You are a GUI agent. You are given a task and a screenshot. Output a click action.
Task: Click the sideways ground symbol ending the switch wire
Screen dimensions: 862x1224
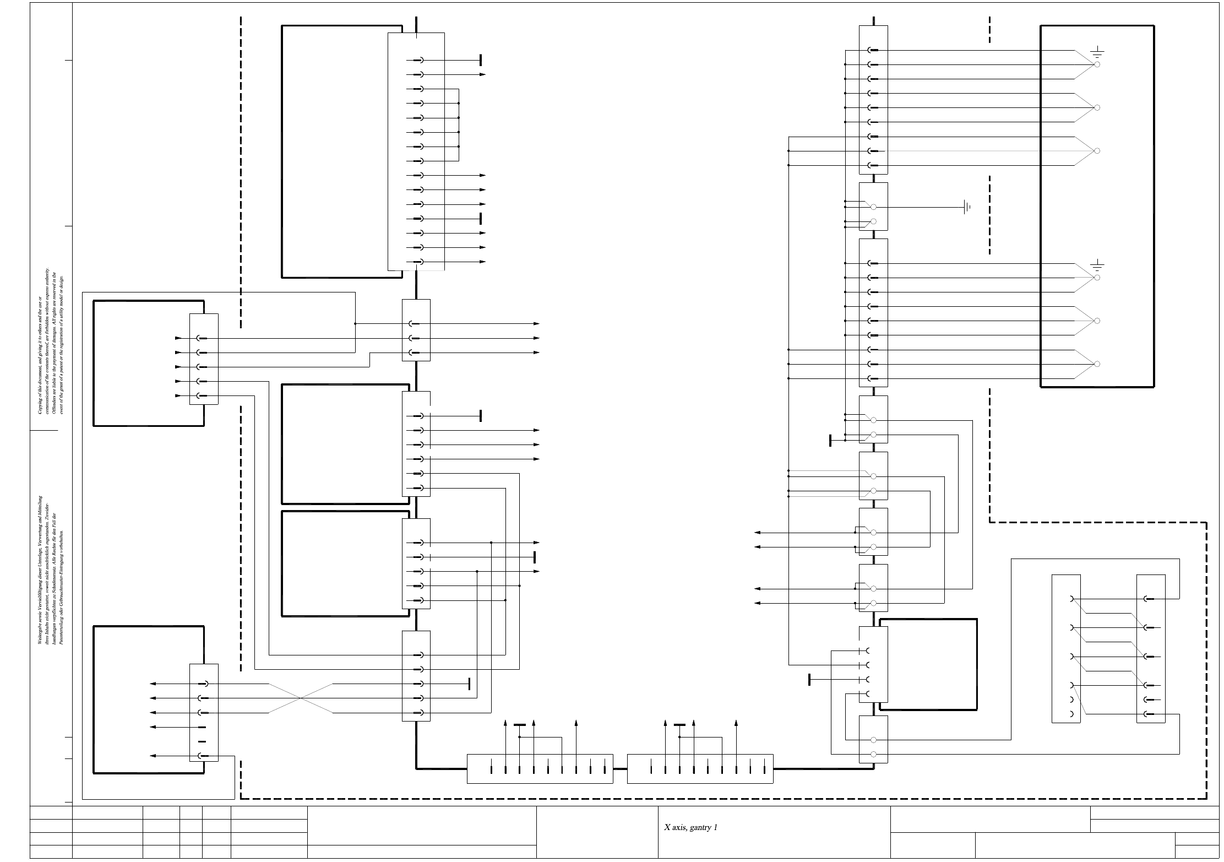[967, 208]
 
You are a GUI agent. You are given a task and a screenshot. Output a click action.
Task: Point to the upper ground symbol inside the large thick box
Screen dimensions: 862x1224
[1097, 53]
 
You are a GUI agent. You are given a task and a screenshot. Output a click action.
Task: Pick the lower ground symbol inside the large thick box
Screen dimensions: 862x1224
[1097, 266]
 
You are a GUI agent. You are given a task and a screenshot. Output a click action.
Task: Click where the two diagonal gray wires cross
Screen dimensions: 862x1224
[301, 698]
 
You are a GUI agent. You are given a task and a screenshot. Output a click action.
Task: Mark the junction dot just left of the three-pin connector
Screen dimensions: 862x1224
[355, 324]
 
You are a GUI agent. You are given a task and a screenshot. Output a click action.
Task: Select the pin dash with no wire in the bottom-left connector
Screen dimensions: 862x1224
[202, 741]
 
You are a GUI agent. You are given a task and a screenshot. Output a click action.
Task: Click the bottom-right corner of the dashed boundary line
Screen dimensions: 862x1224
[1206, 798]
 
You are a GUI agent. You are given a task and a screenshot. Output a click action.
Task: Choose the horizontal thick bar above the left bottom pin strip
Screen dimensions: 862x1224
[520, 725]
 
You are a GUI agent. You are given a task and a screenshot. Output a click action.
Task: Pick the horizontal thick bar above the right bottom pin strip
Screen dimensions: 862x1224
[680, 725]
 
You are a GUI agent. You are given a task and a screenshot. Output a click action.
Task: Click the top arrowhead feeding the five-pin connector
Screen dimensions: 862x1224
[178, 338]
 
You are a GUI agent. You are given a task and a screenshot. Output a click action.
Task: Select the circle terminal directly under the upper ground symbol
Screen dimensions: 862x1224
[1097, 64]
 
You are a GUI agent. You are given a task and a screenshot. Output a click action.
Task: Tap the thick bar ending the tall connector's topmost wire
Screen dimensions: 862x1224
[481, 60]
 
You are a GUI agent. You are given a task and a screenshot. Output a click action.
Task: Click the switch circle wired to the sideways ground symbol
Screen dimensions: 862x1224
[873, 208]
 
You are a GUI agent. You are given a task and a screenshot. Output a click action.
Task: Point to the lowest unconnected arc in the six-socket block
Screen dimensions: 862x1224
[1071, 714]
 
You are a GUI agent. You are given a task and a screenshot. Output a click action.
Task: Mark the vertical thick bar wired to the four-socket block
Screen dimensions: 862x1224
[809, 680]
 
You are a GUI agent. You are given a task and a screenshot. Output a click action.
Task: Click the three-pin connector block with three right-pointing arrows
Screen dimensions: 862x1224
[416, 330]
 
